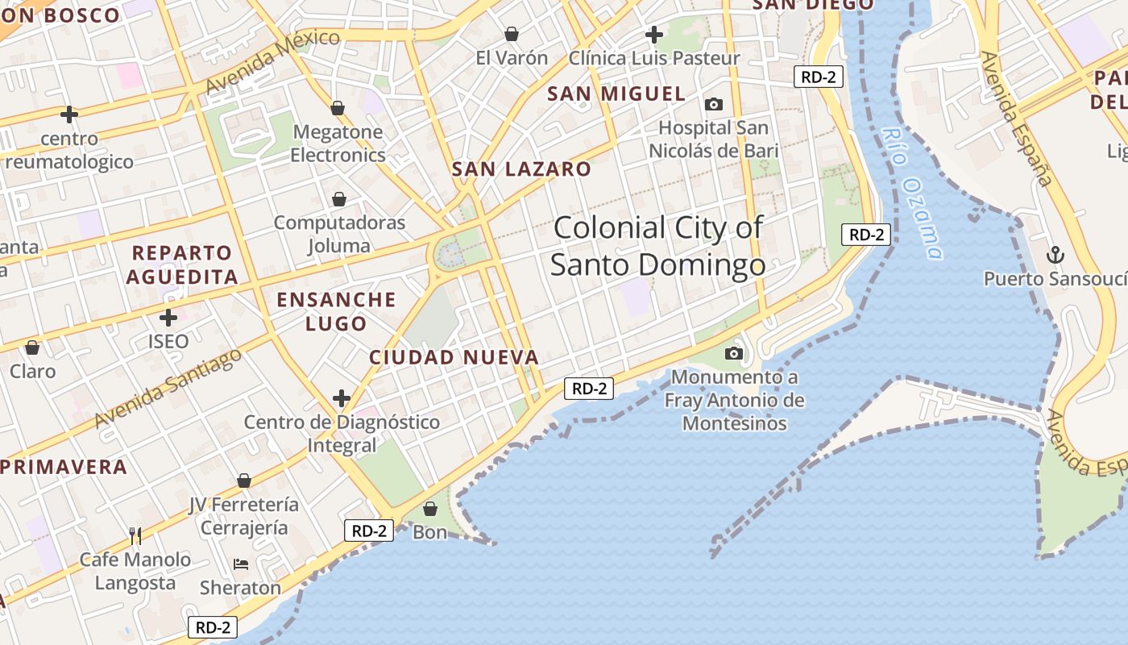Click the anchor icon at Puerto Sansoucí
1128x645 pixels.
coord(1055,255)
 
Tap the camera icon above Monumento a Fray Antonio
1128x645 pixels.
coord(733,353)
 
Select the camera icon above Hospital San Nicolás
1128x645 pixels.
coord(713,104)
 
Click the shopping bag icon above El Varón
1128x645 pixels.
coord(511,34)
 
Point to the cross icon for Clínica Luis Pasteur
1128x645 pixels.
coord(654,35)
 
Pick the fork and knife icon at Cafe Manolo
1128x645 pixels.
coord(135,535)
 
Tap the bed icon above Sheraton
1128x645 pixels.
coord(240,564)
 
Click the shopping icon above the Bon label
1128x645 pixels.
coord(430,509)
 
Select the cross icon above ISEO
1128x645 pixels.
coord(168,318)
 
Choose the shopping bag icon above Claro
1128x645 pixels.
coord(32,347)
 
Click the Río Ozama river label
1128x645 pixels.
coord(911,193)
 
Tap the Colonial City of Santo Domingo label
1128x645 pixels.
coord(658,246)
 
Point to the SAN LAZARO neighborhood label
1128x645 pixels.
coord(521,169)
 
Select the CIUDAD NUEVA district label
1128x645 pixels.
coord(454,357)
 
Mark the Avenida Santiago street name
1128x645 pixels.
coord(168,389)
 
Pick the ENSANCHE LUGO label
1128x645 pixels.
coord(336,311)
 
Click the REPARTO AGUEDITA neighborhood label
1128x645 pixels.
coord(182,264)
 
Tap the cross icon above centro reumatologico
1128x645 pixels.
coord(69,114)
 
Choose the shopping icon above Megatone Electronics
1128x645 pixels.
coord(338,108)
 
